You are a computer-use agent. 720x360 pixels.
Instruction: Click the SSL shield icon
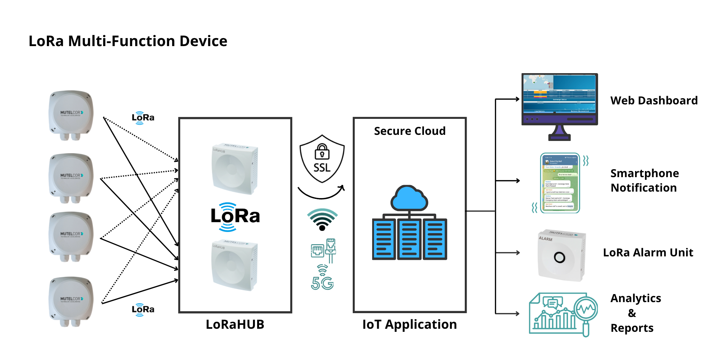322,159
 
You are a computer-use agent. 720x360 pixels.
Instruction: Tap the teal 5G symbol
322,283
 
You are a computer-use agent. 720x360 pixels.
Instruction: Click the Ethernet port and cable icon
324,250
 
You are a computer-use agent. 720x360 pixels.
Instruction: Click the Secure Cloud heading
410,131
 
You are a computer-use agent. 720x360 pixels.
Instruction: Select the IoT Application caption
410,324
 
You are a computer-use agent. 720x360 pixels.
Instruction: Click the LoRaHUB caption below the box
235,324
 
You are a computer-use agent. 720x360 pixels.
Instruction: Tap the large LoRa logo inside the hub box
235,216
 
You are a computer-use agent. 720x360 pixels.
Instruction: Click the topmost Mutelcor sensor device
71,115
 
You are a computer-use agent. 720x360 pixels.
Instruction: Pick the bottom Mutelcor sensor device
71,301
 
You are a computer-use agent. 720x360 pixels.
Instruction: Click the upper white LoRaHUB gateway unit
235,168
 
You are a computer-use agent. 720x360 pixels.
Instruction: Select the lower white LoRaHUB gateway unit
235,265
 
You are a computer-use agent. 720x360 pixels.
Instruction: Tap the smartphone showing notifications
560,183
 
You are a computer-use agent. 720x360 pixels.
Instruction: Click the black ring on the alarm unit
559,258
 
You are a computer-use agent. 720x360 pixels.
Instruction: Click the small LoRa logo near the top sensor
143,117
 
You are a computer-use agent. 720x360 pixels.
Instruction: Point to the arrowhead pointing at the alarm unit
518,253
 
